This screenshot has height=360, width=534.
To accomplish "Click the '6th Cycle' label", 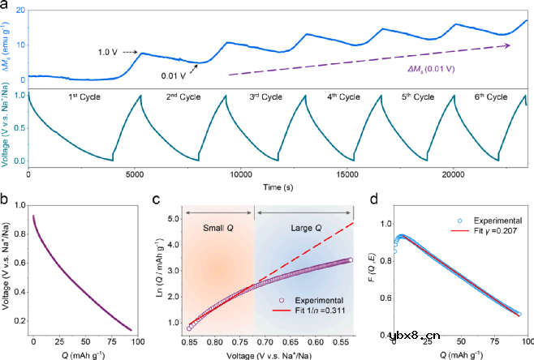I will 489,97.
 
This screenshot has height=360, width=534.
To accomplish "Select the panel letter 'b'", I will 6,197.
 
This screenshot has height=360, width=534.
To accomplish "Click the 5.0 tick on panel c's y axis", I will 173,219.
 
